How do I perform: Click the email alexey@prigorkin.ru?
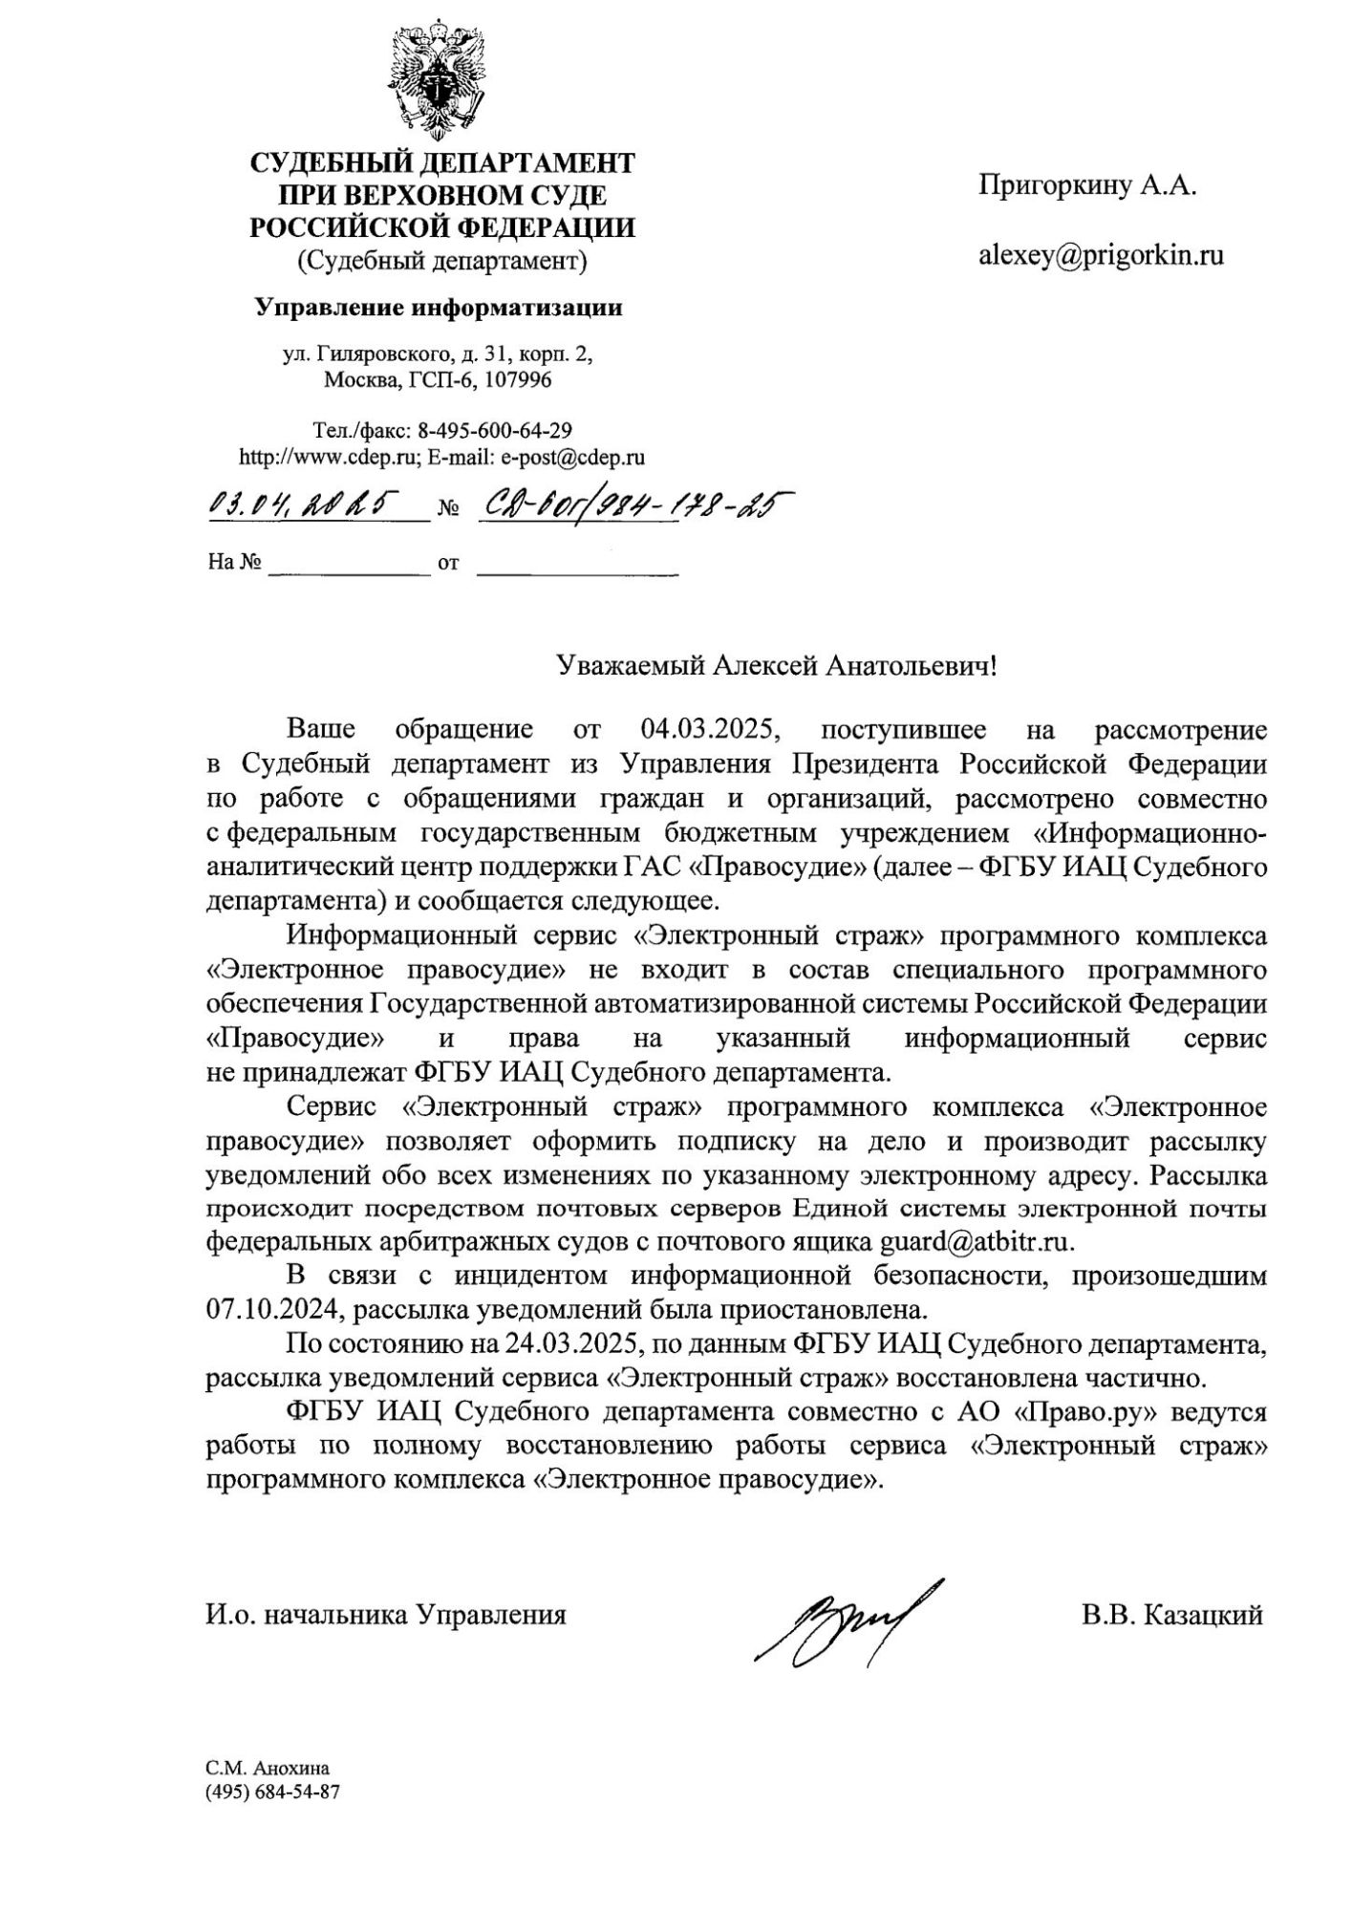pyautogui.click(x=1101, y=255)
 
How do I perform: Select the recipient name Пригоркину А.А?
pyautogui.click(x=1087, y=185)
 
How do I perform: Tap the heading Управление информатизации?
pyautogui.click(x=439, y=308)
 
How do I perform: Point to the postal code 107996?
pyautogui.click(x=518, y=380)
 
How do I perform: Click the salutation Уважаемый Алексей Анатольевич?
pyautogui.click(x=777, y=665)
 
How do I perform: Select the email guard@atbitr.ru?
pyautogui.click(x=976, y=1242)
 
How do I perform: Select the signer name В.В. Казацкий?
pyautogui.click(x=1172, y=1614)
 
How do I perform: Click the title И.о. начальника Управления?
pyautogui.click(x=386, y=1614)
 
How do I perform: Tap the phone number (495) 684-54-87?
pyautogui.click(x=272, y=1792)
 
